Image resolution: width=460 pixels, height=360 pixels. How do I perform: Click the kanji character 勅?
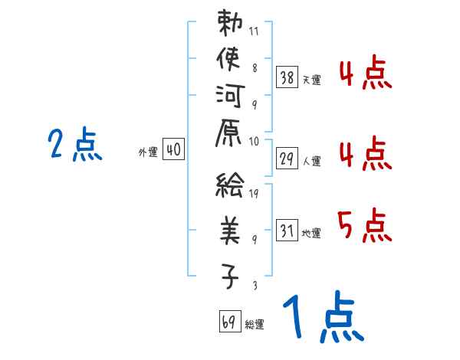click(229, 24)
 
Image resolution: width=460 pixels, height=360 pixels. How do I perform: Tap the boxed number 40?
click(173, 151)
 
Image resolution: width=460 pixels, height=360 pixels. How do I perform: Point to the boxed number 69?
click(228, 322)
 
